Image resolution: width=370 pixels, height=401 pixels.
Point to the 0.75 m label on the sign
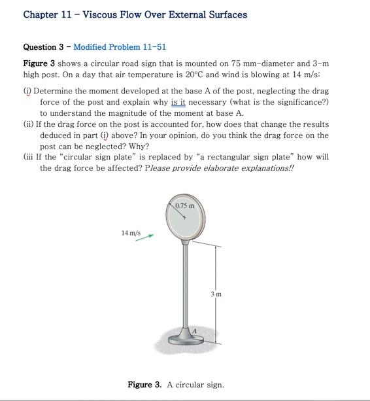coord(184,206)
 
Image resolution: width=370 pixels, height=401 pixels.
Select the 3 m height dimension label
coord(216,294)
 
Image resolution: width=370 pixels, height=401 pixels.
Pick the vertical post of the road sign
coord(187,288)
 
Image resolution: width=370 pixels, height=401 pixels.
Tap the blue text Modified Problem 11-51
coord(120,47)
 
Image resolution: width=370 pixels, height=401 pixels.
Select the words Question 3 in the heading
coord(43,47)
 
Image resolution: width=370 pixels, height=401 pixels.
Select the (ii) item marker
coord(29,124)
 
